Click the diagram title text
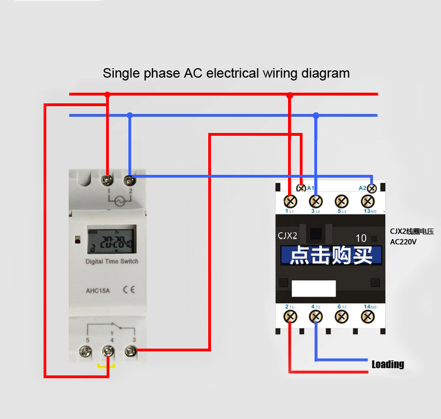(x=226, y=73)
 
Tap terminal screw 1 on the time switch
(x=108, y=180)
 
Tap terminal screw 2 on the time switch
(x=130, y=180)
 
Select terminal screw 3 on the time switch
(x=130, y=351)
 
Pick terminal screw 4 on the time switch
(x=108, y=351)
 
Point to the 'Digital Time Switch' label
(x=112, y=261)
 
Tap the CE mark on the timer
(x=128, y=289)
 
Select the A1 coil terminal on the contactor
(x=301, y=188)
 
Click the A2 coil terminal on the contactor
(x=371, y=188)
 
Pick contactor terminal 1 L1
(x=290, y=201)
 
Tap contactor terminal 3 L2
(x=316, y=201)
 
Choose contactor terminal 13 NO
(x=367, y=201)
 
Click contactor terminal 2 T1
(x=290, y=317)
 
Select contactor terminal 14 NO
(x=367, y=317)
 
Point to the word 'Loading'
(x=388, y=364)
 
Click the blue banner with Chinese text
(x=331, y=256)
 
